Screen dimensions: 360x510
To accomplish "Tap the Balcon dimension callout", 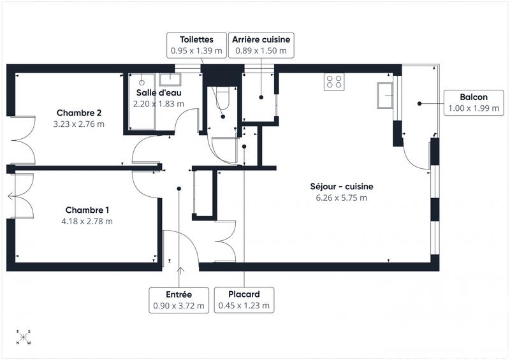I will pyautogui.click(x=474, y=103).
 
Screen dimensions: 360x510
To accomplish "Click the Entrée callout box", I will pyautogui.click(x=179, y=299).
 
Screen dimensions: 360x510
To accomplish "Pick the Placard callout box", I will pyautogui.click(x=244, y=299).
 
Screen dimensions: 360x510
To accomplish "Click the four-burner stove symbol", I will pyautogui.click(x=334, y=81).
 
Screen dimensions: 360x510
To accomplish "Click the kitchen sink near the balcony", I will pyautogui.click(x=385, y=96).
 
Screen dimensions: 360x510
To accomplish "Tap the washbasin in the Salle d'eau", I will pyautogui.click(x=170, y=80).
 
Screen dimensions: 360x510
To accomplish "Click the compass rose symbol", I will pyautogui.click(x=24, y=338).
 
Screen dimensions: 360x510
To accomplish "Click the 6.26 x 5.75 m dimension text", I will pyautogui.click(x=341, y=198).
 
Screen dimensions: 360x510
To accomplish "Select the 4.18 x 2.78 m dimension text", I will pyautogui.click(x=88, y=221).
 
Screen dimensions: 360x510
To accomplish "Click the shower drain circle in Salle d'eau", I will pyautogui.click(x=142, y=82).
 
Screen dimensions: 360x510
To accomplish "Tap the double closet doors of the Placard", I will pyautogui.click(x=226, y=241).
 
